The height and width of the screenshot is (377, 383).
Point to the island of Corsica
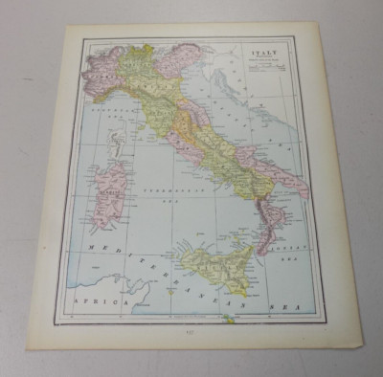coord(117,144)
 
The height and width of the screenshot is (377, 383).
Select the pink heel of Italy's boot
coord(292,176)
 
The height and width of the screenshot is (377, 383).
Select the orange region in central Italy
coord(178,123)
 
